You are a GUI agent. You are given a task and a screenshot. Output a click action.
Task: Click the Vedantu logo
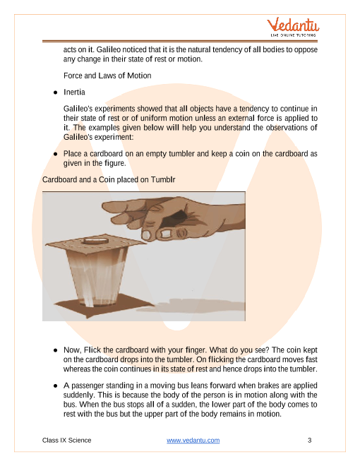[293, 27]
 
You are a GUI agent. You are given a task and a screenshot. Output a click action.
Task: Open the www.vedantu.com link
[193, 440]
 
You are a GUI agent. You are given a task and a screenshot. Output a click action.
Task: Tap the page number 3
[309, 440]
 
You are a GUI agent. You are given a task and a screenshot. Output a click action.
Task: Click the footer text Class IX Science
[66, 440]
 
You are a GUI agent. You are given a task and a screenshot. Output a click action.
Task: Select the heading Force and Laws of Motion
[107, 76]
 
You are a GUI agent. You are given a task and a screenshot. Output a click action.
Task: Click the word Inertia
[74, 92]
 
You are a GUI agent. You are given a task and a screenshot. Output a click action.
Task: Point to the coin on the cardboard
[95, 240]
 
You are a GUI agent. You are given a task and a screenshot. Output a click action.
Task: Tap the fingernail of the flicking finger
[146, 235]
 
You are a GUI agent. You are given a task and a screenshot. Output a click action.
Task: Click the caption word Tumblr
[163, 180]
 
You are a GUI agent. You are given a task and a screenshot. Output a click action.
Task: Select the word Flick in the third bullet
[92, 349]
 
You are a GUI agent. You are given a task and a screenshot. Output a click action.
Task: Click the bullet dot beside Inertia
[56, 92]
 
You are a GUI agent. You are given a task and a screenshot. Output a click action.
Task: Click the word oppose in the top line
[306, 49]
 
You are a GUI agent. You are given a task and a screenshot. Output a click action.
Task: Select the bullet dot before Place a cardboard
[56, 154]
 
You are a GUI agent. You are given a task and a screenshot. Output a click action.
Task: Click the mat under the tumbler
[104, 306]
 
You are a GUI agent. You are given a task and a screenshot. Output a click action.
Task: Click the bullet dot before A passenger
[56, 386]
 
